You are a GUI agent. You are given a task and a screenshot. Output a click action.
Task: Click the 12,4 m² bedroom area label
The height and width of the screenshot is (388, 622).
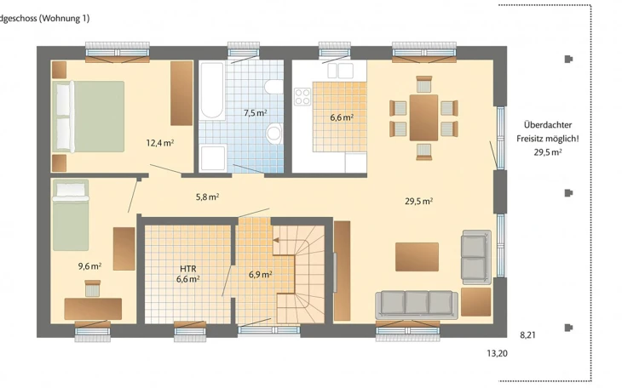(160, 143)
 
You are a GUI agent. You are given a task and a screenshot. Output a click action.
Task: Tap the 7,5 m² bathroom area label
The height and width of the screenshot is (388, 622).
(255, 113)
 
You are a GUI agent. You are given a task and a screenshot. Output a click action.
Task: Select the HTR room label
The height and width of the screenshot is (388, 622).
(188, 269)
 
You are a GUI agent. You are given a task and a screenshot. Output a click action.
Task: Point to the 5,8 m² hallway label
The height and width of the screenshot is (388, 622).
(207, 197)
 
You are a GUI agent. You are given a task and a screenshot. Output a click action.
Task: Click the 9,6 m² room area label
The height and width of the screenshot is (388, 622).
(89, 266)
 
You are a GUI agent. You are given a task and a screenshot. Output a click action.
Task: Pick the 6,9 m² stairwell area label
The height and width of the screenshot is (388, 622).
(260, 274)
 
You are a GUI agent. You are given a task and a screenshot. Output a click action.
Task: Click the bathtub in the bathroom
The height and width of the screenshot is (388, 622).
(212, 91)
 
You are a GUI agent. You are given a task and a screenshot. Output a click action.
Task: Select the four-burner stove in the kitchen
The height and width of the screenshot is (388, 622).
(302, 97)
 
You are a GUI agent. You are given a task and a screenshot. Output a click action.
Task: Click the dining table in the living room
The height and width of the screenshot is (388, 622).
(423, 117)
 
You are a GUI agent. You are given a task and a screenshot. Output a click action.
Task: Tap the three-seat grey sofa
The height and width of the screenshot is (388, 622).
(417, 305)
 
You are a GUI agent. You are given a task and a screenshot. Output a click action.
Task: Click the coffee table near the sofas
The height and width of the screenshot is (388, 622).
(417, 257)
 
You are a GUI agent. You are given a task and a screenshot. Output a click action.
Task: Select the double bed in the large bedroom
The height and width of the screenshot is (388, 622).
(88, 117)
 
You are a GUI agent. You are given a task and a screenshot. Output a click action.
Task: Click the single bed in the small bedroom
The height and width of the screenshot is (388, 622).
(71, 215)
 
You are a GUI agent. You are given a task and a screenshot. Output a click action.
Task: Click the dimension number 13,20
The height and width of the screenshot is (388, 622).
(497, 353)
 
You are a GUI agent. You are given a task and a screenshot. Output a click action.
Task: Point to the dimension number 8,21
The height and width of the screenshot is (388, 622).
(527, 335)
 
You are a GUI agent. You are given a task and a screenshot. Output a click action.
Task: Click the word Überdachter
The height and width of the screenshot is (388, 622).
(548, 125)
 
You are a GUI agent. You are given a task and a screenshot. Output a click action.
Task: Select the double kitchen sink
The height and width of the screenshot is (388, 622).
(340, 70)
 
